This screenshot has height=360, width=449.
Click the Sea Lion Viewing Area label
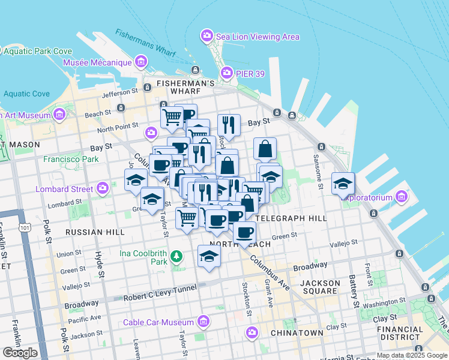pyautogui.click(x=258, y=37)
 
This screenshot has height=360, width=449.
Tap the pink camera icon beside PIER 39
pyautogui.click(x=227, y=73)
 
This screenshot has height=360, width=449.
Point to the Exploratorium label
pyautogui.click(x=369, y=197)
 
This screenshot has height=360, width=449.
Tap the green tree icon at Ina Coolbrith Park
pyautogui.click(x=176, y=257)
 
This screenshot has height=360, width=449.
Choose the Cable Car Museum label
pyautogui.click(x=160, y=322)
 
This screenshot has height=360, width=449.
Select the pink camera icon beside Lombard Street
pyautogui.click(x=103, y=189)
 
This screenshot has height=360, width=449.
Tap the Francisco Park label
pyautogui.click(x=71, y=160)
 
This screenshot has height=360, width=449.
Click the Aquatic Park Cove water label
pyautogui.click(x=37, y=52)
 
